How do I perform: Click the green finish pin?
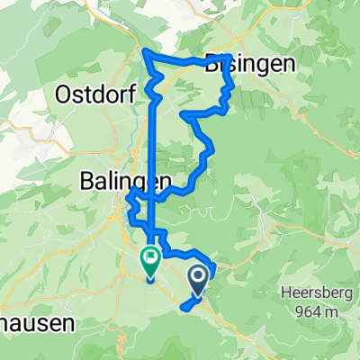[x=150, y=261]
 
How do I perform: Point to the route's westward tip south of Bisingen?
[x=184, y=116]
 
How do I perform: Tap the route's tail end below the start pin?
[x=184, y=309]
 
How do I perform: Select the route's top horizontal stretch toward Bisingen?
[x=180, y=60]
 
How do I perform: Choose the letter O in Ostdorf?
[x=63, y=93]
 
